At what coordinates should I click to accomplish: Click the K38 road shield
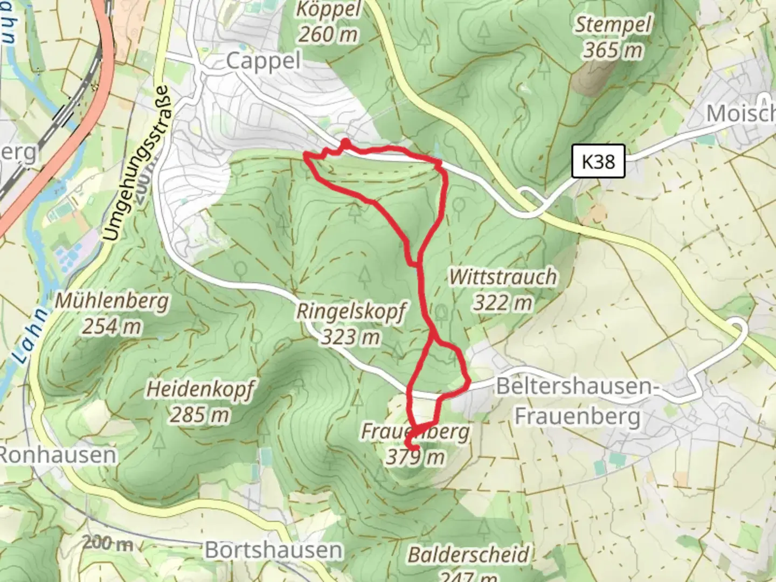(x=598, y=161)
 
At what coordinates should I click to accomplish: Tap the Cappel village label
(x=263, y=61)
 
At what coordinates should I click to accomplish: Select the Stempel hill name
(x=613, y=25)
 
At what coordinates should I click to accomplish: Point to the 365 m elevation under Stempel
(x=613, y=51)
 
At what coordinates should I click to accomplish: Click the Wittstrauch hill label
(x=503, y=277)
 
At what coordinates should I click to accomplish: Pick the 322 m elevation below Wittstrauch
(x=503, y=303)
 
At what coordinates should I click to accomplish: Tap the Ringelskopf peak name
(x=351, y=312)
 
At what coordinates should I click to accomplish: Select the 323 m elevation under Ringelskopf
(x=351, y=338)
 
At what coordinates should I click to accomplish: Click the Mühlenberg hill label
(x=112, y=301)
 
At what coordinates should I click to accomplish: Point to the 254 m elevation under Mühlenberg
(x=112, y=326)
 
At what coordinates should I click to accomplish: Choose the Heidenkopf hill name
(x=199, y=389)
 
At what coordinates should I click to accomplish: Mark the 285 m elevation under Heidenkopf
(x=199, y=414)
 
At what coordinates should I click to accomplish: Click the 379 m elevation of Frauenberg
(x=415, y=457)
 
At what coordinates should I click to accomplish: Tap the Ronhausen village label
(x=57, y=455)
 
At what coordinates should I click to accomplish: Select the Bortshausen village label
(x=273, y=550)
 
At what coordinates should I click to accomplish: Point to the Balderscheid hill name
(x=468, y=554)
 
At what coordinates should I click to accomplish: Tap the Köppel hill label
(x=328, y=11)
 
